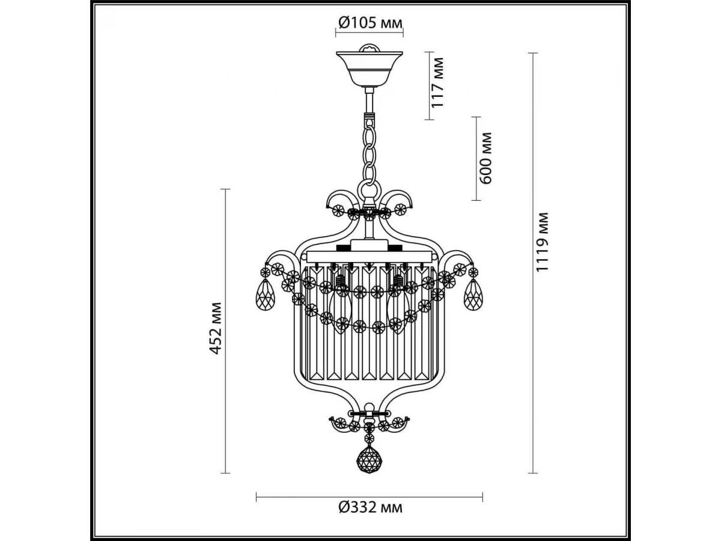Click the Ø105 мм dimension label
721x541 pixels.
coord(370,23)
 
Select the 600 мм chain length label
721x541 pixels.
coord(485,158)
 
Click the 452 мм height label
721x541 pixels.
coord(216,328)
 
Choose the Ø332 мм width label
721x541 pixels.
coord(370,517)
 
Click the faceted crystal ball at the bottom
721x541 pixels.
coord(370,460)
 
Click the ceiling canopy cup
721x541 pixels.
coord(370,69)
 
